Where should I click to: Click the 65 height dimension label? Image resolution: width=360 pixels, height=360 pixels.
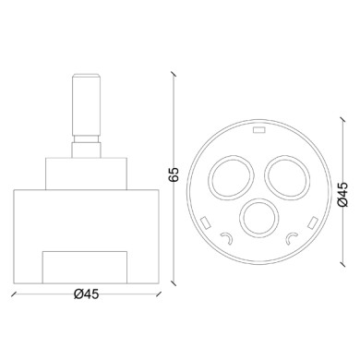174,174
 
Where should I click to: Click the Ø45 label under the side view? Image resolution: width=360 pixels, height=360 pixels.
87,294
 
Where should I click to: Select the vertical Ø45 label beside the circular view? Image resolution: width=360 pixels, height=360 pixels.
342,194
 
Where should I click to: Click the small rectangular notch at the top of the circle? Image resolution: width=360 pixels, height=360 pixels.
258,130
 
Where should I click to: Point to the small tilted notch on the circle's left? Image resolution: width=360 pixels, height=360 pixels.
205,222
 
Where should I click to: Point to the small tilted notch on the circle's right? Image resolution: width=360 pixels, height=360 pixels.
313,222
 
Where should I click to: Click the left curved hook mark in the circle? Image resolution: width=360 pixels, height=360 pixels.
227,236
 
